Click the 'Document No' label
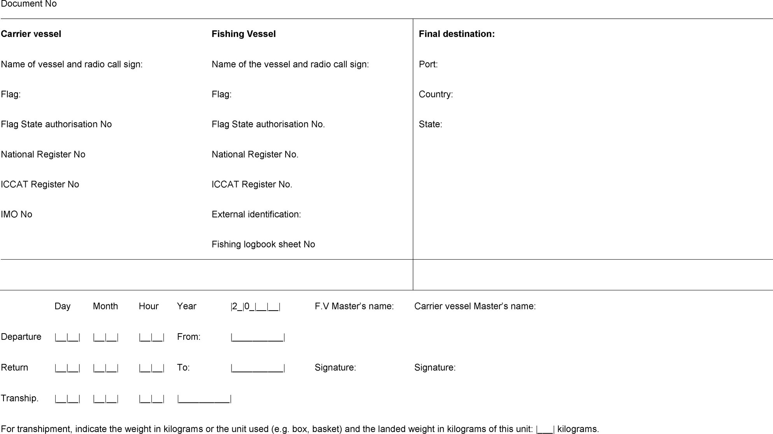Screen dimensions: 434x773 pos(29,4)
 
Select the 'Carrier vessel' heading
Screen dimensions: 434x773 pos(31,34)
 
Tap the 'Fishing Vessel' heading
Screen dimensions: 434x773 pos(244,34)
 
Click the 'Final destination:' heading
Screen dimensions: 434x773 pos(457,34)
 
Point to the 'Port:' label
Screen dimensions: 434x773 pos(428,64)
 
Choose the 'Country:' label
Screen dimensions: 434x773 pos(436,94)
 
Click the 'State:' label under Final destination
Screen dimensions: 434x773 pos(430,124)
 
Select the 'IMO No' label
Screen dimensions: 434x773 pos(16,214)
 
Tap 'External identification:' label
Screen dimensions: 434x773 pos(256,214)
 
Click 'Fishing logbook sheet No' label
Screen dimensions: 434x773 pos(263,244)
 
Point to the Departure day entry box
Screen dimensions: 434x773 pos(67,337)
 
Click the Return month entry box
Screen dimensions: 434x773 pos(105,368)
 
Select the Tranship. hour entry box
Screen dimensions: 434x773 pos(151,399)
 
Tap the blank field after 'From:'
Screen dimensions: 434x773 pos(258,337)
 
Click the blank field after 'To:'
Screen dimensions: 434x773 pos(258,368)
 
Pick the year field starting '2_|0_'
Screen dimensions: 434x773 pos(255,307)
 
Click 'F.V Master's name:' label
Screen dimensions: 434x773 pos(354,306)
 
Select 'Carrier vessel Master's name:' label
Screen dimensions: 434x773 pos(475,306)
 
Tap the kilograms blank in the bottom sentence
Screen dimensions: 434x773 pos(545,429)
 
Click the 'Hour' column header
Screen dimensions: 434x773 pos(149,306)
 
